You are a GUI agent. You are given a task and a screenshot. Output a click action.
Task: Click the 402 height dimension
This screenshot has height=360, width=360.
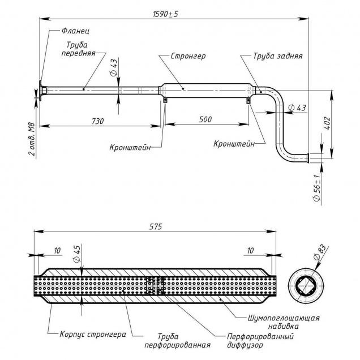point(325,125)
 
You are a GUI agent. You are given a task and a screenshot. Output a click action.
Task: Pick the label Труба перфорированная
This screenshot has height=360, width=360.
point(185,340)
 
